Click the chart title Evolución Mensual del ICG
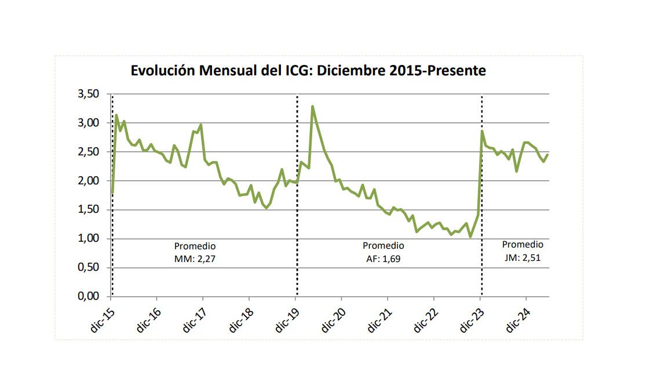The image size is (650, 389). click(x=308, y=71)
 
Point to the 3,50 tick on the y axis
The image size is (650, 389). click(x=89, y=94)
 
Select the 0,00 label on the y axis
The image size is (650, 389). click(x=89, y=296)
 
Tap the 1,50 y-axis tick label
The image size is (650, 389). click(x=89, y=209)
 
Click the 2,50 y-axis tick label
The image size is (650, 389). click(x=89, y=152)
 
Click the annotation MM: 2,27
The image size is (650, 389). click(x=195, y=259)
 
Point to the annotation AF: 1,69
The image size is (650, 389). click(x=383, y=259)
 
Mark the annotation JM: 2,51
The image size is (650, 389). click(x=523, y=257)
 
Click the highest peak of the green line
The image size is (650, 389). click(x=312, y=107)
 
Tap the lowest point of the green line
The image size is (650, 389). click(x=470, y=237)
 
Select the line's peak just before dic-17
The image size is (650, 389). click(x=200, y=125)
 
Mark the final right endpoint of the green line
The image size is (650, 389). click(x=547, y=154)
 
